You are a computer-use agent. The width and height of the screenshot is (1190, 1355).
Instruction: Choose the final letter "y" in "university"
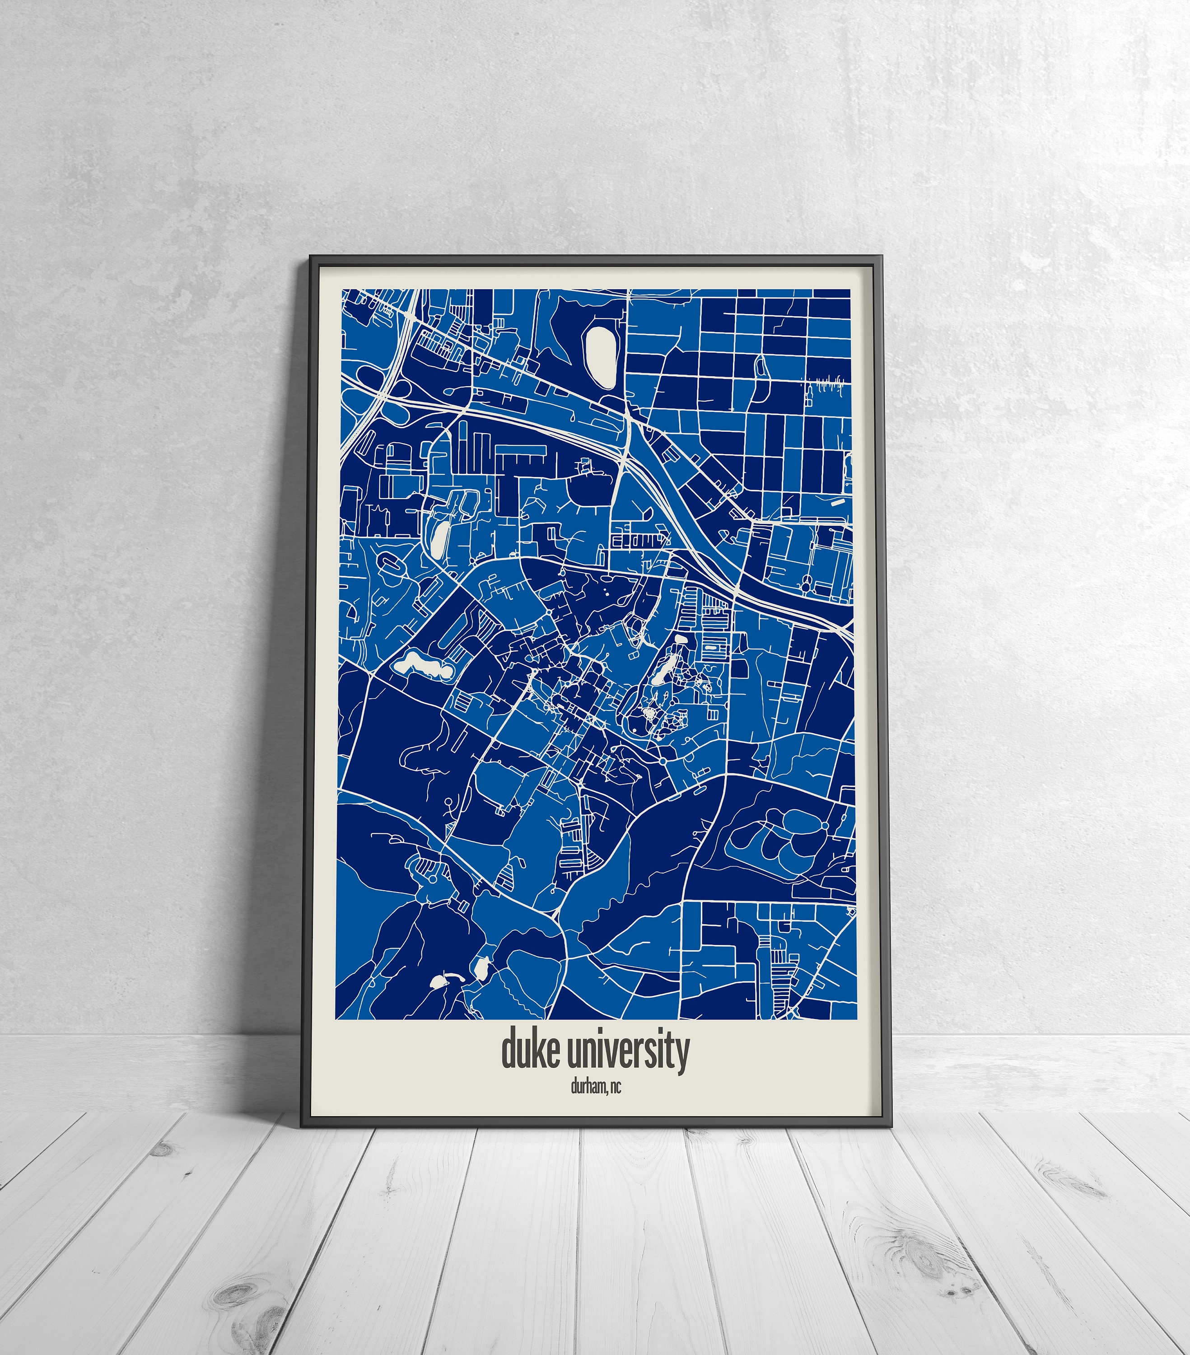click(682, 1054)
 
